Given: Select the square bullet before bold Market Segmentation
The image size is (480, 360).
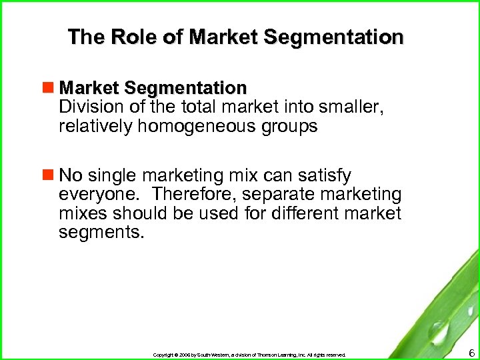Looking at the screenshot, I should point(49,87).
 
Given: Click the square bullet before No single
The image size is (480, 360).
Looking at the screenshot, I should point(49,175).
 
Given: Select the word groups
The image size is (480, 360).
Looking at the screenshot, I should point(289,126).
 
